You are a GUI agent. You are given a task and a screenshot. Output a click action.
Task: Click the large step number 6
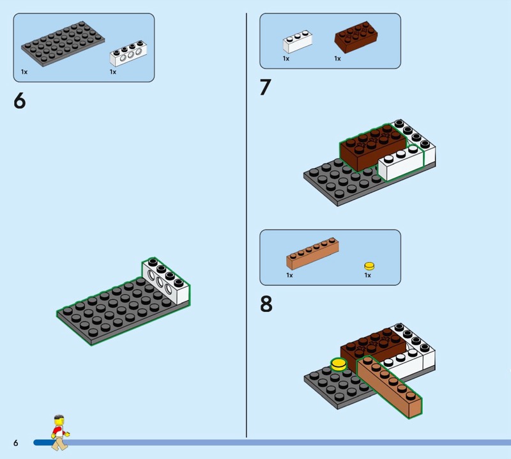20,100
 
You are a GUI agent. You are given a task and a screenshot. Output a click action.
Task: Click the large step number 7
265,87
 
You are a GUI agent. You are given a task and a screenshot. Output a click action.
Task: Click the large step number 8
266,304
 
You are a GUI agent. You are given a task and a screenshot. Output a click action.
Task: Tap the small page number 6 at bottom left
15,442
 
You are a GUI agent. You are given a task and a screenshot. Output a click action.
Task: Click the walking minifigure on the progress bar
60,433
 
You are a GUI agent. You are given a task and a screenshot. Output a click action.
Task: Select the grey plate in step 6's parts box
63,43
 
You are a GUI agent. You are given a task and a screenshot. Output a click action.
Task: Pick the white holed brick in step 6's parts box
128,54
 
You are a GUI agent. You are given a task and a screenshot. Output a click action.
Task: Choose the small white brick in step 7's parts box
297,42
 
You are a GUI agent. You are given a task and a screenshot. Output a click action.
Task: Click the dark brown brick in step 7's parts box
356,37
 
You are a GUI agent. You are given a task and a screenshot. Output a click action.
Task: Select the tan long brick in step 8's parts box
312,254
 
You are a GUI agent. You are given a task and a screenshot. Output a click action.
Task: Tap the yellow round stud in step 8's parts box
369,266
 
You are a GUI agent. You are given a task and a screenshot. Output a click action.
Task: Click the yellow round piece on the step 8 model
339,364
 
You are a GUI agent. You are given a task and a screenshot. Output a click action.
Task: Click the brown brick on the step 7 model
373,148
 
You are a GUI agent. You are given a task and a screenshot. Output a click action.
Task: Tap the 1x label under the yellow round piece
368,276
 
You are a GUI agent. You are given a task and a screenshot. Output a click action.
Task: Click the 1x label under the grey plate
24,72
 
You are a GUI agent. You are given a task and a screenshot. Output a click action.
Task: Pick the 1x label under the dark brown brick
338,59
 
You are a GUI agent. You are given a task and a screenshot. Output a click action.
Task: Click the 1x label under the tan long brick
290,276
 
